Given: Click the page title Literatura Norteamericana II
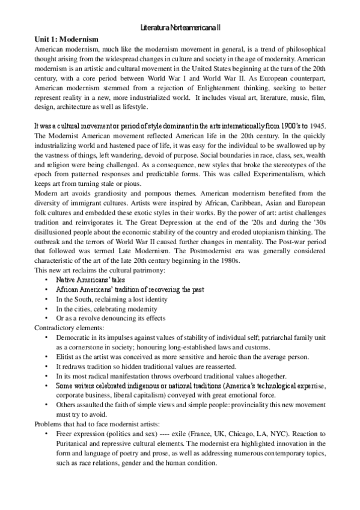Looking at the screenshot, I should pyautogui.click(x=180, y=28).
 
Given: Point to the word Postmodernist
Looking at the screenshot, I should pyautogui.click(x=201, y=251).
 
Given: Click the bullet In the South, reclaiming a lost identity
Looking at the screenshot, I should pyautogui.click(x=112, y=299).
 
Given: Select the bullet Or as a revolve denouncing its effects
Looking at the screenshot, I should pyautogui.click(x=111, y=318).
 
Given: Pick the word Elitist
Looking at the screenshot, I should pyautogui.click(x=65, y=357).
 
